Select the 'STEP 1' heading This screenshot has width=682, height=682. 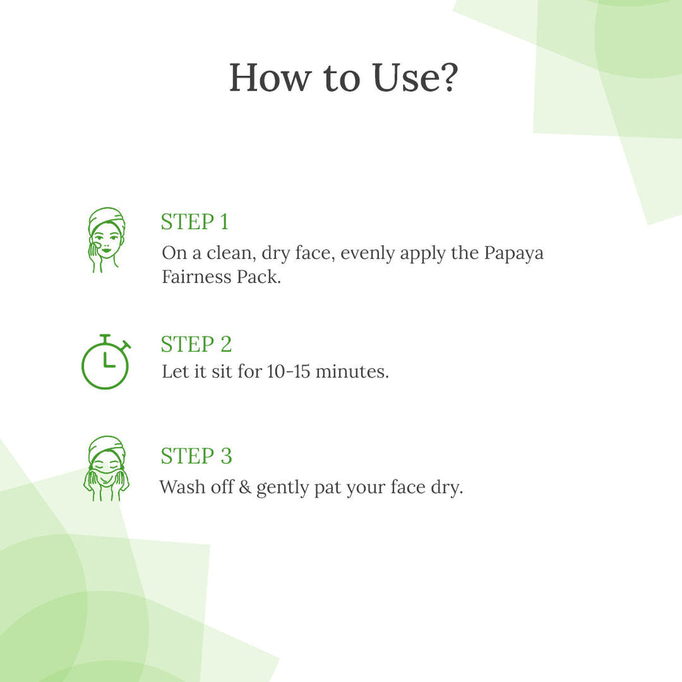pos(194,222)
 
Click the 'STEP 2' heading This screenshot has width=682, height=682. pos(196,344)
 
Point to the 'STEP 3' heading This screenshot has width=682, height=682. pos(196,456)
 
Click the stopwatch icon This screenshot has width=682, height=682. pos(106,362)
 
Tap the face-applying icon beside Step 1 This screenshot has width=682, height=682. pos(106,240)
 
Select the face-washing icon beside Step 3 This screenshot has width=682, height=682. pos(106,468)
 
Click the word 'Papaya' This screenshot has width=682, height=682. pos(513,254)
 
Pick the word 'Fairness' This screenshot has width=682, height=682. pos(196,276)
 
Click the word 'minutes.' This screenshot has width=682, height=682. pos(352,372)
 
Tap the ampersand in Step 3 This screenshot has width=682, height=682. pos(245,487)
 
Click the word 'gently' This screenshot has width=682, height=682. pos(282,488)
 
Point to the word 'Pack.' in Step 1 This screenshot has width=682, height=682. pos(259,276)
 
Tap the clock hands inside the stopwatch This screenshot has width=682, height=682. pos(109,360)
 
